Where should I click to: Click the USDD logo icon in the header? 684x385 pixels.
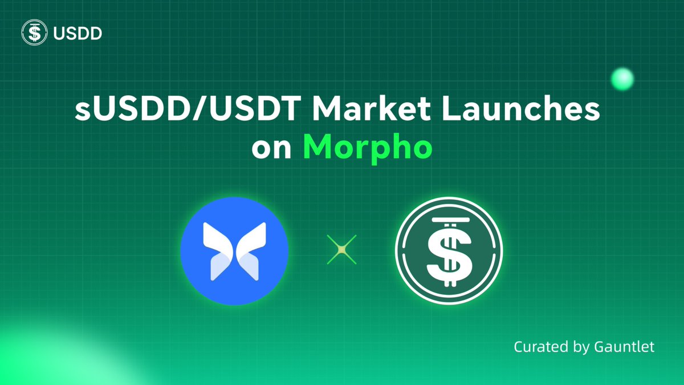tap(33, 33)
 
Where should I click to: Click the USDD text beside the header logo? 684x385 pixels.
tap(77, 34)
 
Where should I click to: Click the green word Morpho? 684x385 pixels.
tap(367, 148)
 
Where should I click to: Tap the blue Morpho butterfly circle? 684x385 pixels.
tap(234, 252)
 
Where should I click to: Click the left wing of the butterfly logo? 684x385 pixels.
tap(218, 251)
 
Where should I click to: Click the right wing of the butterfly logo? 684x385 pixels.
tap(250, 251)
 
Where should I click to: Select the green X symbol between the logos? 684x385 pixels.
tap(341, 250)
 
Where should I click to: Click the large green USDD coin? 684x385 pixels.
tap(449, 252)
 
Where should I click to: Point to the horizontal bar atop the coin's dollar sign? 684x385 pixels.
tap(449, 220)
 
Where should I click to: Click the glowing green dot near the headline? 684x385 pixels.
tap(622, 79)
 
